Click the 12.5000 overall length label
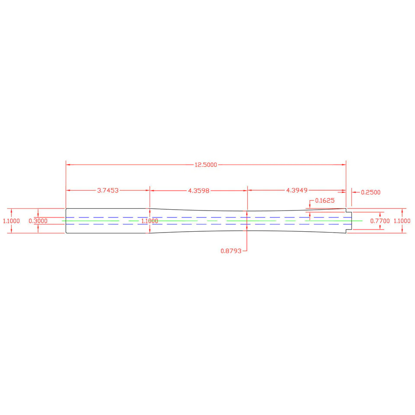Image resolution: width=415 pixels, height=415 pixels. [206, 165]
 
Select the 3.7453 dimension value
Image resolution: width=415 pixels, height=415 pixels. [108, 190]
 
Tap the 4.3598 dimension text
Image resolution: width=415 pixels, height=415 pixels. [198, 191]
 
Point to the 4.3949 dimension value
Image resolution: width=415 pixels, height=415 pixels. [297, 190]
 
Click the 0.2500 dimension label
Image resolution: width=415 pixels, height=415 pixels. [370, 192]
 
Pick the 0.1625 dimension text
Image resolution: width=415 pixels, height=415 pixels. [325, 200]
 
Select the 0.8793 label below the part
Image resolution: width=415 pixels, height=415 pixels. [231, 251]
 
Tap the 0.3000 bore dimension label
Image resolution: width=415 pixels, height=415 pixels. [38, 221]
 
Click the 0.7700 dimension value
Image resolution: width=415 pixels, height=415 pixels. [380, 221]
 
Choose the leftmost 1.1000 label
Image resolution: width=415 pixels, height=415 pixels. [11, 221]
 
